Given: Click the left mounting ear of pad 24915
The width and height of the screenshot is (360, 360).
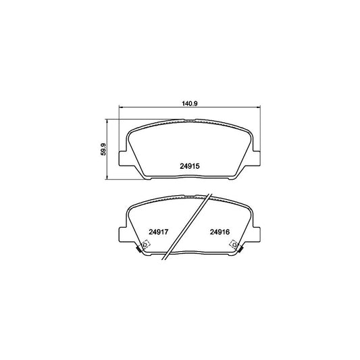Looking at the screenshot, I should pyautogui.click(x=123, y=159).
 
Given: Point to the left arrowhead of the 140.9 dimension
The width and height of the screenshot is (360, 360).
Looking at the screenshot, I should pyautogui.click(x=122, y=109).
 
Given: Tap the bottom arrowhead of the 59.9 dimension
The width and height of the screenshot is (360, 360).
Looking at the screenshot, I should pyautogui.click(x=109, y=178).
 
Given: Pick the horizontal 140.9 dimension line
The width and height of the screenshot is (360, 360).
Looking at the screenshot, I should pyautogui.click(x=155, y=109).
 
